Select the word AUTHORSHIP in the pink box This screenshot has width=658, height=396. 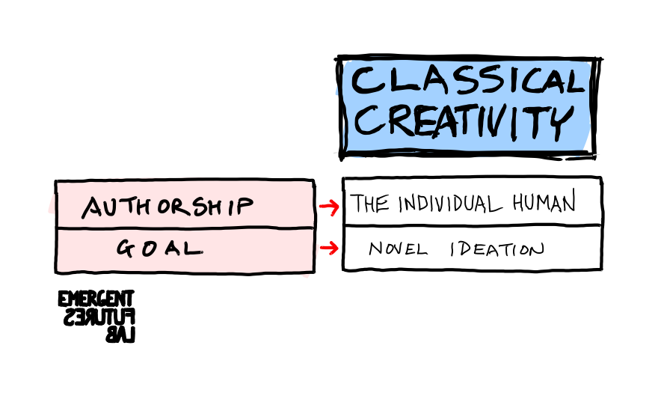[167, 207]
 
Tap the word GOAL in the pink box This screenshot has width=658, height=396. [159, 248]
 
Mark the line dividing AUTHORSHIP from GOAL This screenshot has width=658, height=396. [185, 227]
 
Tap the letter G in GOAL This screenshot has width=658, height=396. [124, 248]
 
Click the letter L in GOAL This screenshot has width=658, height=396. [193, 248]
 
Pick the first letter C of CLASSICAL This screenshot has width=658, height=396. [366, 81]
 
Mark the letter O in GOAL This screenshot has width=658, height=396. [148, 248]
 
